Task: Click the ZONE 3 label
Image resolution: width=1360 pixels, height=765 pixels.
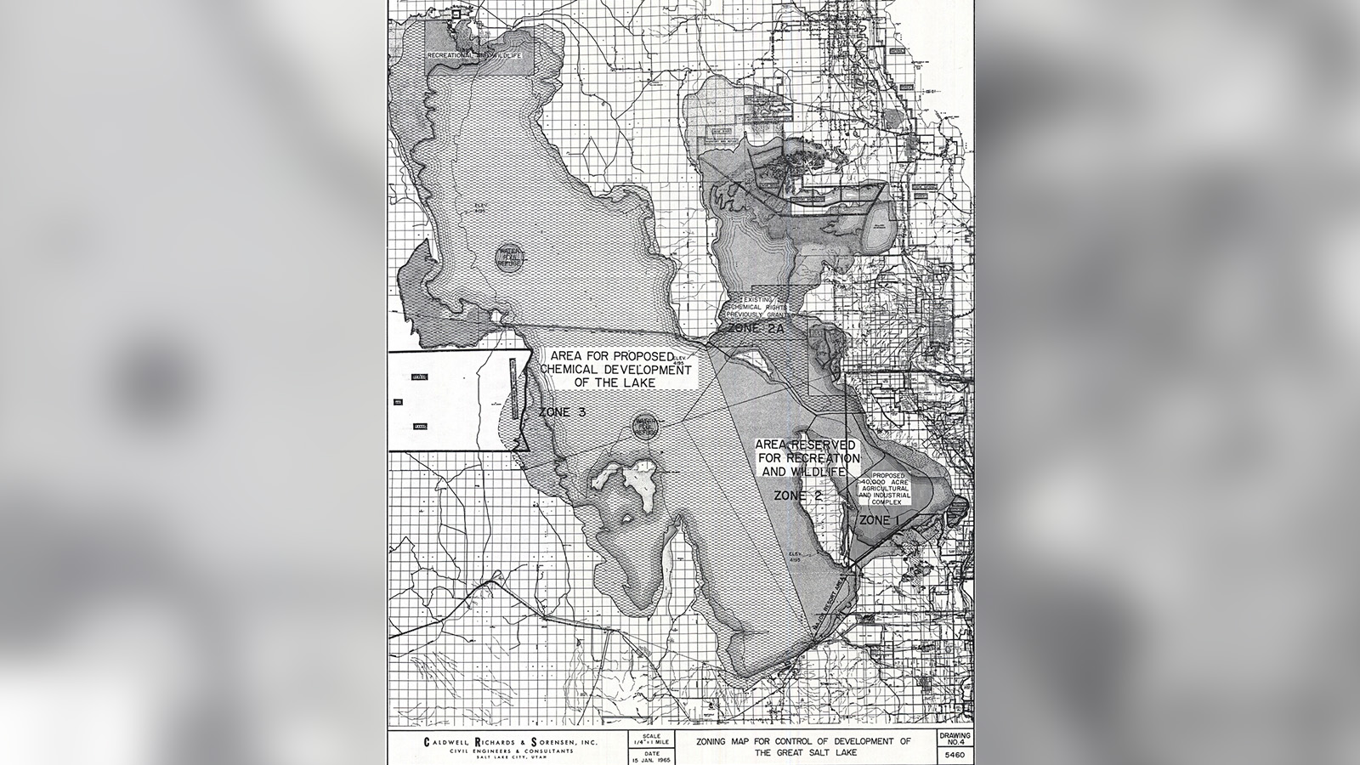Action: tap(562, 412)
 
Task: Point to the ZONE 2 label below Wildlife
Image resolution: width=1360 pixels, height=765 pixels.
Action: tap(796, 495)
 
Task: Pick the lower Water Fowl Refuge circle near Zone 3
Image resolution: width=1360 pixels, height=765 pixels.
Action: tap(645, 427)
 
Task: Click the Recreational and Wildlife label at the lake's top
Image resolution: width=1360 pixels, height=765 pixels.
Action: tap(473, 54)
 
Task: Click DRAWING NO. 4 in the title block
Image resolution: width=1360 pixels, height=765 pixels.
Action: tap(955, 738)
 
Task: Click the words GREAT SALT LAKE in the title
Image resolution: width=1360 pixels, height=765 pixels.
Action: tap(803, 753)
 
